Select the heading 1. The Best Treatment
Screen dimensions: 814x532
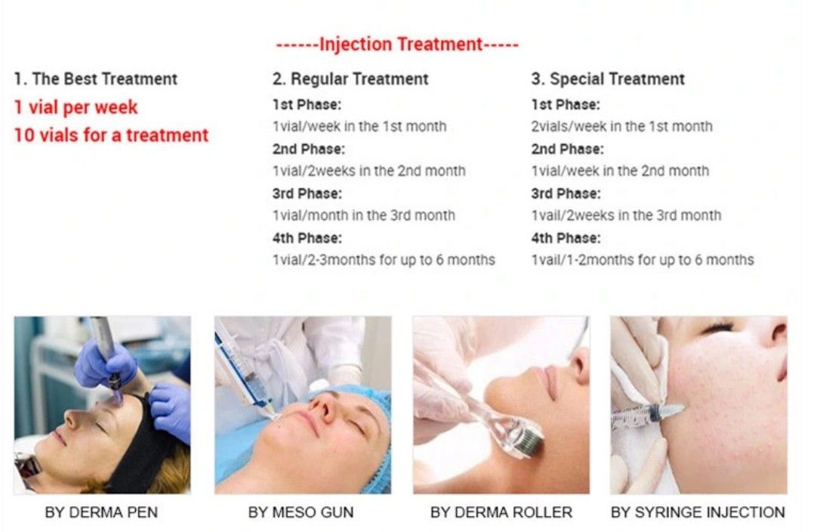click(x=95, y=79)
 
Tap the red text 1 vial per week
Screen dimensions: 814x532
click(x=76, y=107)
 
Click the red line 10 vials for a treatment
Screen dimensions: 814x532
click(x=111, y=135)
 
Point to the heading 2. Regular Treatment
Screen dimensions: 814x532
click(x=350, y=79)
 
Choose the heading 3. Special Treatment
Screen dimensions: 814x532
click(x=608, y=79)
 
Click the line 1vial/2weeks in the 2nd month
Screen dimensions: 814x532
click(x=369, y=171)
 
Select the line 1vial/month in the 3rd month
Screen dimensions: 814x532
click(x=364, y=215)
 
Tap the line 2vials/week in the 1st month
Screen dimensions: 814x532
click(x=622, y=126)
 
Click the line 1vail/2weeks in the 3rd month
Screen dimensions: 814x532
click(x=626, y=215)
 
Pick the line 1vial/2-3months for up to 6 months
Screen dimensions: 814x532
click(x=384, y=260)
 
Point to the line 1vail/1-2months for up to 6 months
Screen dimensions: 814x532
click(x=643, y=260)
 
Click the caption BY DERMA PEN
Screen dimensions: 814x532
click(x=101, y=512)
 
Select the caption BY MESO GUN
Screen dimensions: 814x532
click(x=301, y=512)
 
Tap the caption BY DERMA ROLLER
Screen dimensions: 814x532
click(x=501, y=512)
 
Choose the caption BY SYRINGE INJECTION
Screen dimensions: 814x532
click(x=698, y=512)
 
